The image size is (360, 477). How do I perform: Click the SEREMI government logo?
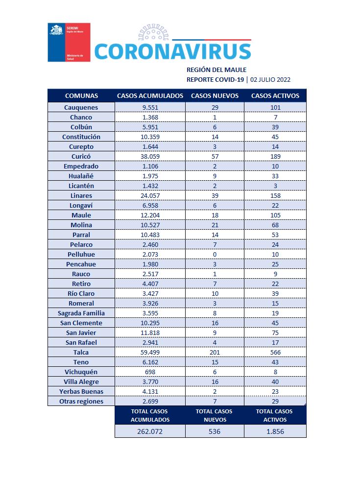click(x=69, y=42)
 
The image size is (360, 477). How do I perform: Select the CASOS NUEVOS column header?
click(x=215, y=95)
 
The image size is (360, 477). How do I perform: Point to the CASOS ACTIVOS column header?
click(x=275, y=95)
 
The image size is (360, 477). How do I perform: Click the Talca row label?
click(x=81, y=352)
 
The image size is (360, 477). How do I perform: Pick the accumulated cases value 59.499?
click(x=150, y=352)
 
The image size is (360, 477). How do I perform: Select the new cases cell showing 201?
click(x=215, y=352)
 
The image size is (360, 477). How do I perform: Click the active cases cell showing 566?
click(x=275, y=352)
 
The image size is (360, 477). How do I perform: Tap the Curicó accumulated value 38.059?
click(x=150, y=156)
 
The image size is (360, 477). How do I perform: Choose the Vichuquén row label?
click(x=81, y=372)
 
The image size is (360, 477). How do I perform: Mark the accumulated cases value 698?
click(x=150, y=372)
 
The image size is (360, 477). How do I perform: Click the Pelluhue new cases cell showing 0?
click(x=215, y=254)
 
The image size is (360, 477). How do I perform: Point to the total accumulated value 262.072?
click(x=150, y=431)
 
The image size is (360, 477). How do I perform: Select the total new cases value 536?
click(x=215, y=431)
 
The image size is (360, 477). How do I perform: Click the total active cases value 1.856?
click(x=275, y=431)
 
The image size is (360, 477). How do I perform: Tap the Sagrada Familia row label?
click(x=81, y=313)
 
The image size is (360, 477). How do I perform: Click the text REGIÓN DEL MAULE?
click(x=216, y=70)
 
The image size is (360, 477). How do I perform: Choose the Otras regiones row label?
click(x=81, y=401)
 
